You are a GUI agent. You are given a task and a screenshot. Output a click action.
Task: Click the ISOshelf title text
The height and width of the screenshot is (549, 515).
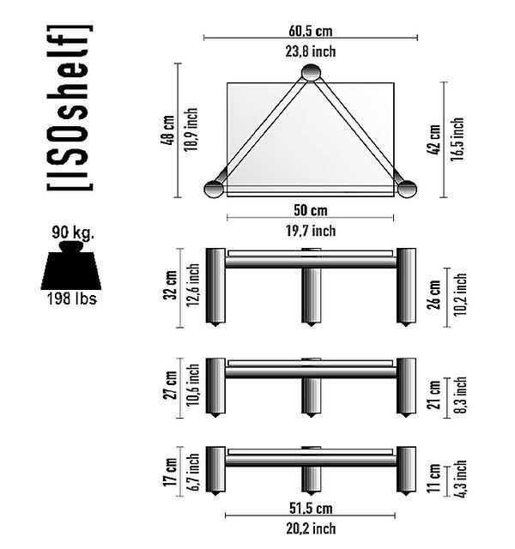(x=70, y=108)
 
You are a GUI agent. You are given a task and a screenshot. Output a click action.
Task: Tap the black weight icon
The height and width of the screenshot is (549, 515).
(x=71, y=265)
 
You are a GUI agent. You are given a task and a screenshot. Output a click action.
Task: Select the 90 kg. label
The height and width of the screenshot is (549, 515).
(x=73, y=232)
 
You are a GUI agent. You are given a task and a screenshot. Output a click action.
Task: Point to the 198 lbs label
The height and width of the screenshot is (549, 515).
(x=72, y=299)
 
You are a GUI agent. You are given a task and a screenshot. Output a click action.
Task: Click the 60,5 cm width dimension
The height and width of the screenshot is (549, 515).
(x=311, y=31)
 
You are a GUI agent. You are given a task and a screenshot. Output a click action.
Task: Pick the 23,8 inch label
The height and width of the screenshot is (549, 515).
(x=311, y=51)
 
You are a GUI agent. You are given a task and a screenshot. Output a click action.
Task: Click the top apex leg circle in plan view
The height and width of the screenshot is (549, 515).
(x=311, y=73)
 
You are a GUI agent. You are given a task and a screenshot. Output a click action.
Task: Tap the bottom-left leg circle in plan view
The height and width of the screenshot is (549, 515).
(x=214, y=189)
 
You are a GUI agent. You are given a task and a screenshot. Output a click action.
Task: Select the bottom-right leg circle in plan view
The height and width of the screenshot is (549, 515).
(x=407, y=189)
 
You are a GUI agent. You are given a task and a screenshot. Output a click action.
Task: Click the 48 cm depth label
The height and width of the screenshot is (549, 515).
(x=167, y=130)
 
